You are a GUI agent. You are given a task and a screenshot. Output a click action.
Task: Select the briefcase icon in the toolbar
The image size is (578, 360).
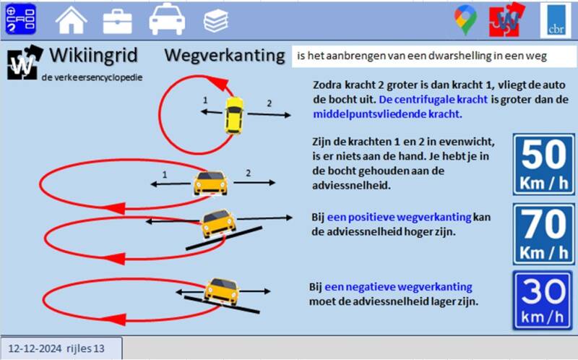[x=117, y=20]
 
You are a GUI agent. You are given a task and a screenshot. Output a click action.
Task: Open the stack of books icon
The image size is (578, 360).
[x=215, y=20]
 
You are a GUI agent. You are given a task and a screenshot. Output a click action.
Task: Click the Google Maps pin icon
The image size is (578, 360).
[x=465, y=20]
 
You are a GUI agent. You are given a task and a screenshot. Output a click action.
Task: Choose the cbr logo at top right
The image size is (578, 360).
[x=556, y=20]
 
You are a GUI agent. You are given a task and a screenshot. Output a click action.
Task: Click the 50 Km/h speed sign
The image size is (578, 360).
[x=543, y=163]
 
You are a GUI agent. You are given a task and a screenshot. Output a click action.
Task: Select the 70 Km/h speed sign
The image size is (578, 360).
[x=543, y=233]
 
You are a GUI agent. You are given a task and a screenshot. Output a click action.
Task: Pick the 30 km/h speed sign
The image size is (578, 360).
[x=543, y=300]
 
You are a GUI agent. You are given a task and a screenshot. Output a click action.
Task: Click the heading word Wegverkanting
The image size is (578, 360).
[x=225, y=55]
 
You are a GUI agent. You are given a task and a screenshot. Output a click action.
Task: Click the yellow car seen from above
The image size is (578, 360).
[x=233, y=115]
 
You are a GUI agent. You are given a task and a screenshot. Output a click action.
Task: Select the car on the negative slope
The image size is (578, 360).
[x=220, y=290]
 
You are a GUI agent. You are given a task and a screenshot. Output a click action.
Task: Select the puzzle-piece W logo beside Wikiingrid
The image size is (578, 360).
[x=25, y=62]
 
